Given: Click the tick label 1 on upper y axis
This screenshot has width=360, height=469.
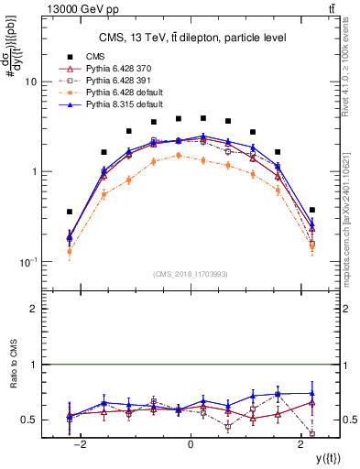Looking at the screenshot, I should pyautogui.click(x=34, y=171).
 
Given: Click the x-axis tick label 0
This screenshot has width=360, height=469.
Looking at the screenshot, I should pyautogui.click(x=190, y=444).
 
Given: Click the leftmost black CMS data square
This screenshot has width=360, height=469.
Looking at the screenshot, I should pyautogui.click(x=70, y=212).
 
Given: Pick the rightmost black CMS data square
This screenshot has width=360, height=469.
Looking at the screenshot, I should pyautogui.click(x=312, y=210).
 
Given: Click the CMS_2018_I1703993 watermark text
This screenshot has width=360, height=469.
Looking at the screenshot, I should pyautogui.click(x=191, y=273).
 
